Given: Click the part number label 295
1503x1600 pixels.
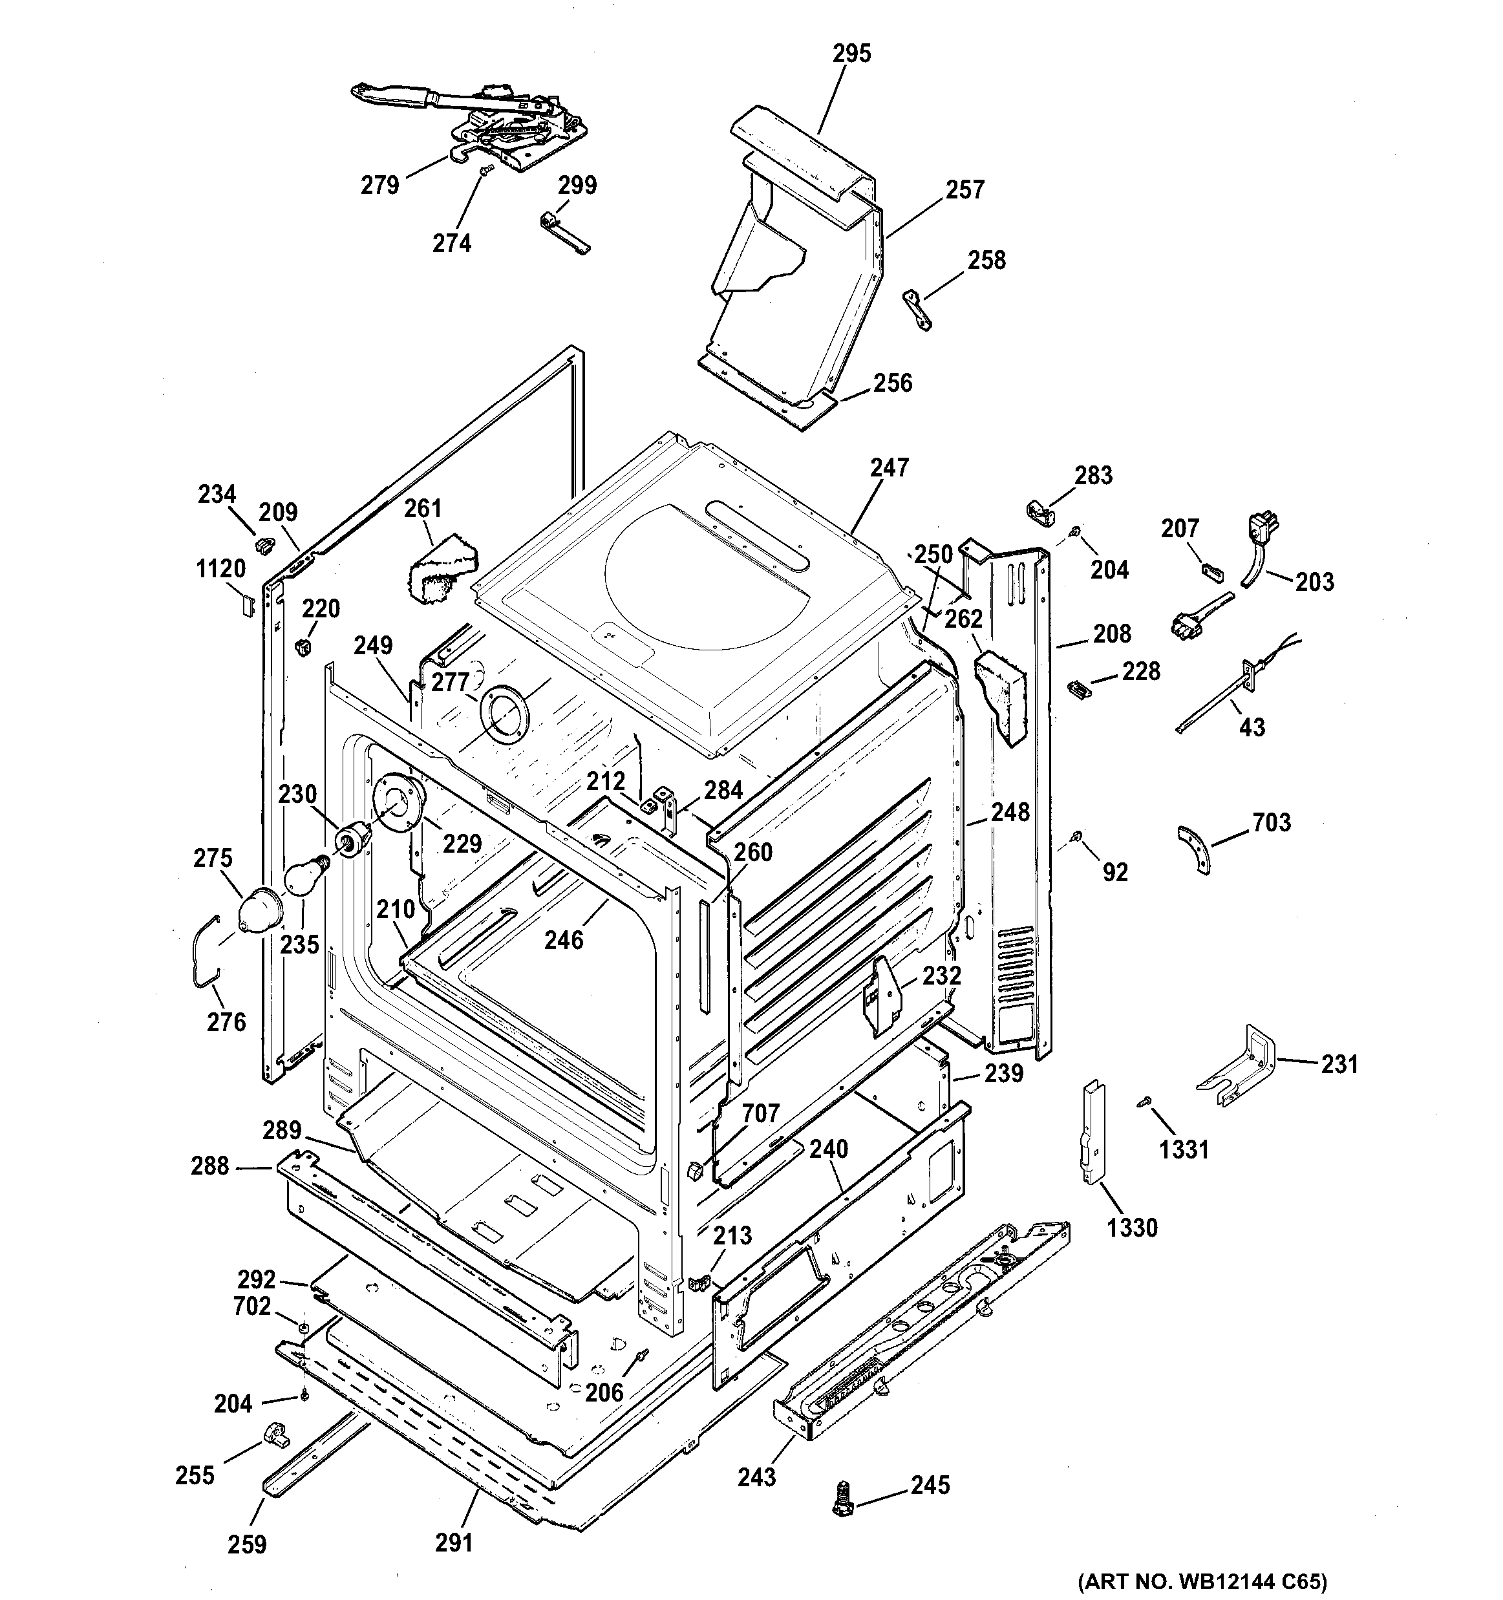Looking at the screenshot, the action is [x=851, y=53].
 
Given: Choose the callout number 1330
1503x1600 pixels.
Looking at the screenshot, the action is [x=1131, y=1228].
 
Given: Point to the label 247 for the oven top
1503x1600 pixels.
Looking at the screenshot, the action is [x=888, y=467].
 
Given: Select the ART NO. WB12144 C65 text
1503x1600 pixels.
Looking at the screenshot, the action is [x=1202, y=1581].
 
